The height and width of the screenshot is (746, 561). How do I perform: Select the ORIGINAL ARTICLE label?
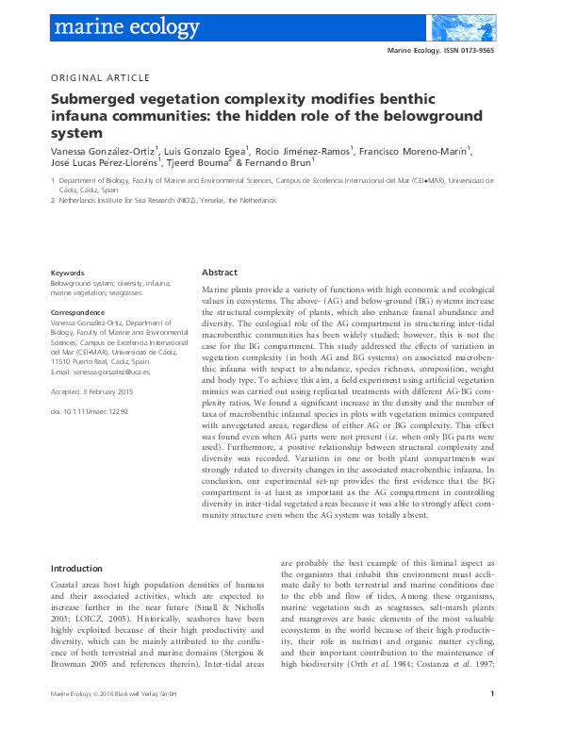coord(99,78)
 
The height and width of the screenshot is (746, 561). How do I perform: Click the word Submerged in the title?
coord(95,99)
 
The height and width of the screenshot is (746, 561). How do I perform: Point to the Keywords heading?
coord(67,272)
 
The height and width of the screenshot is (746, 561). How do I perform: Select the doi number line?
coord(89,412)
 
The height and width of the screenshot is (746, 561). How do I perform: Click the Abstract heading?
coord(220,271)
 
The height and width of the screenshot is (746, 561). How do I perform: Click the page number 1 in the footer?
coord(493,721)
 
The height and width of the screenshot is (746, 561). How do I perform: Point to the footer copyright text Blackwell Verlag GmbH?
coord(150,722)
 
